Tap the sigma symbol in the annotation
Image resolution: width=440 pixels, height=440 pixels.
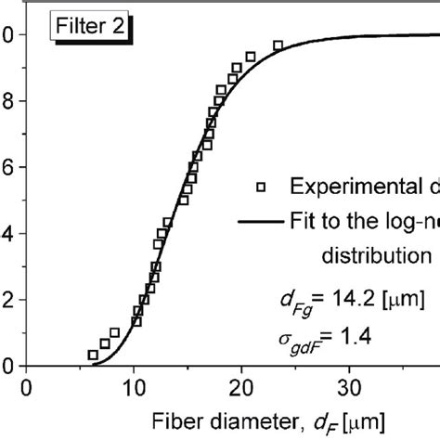click(x=287, y=336)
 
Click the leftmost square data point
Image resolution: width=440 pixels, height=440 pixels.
click(x=93, y=355)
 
